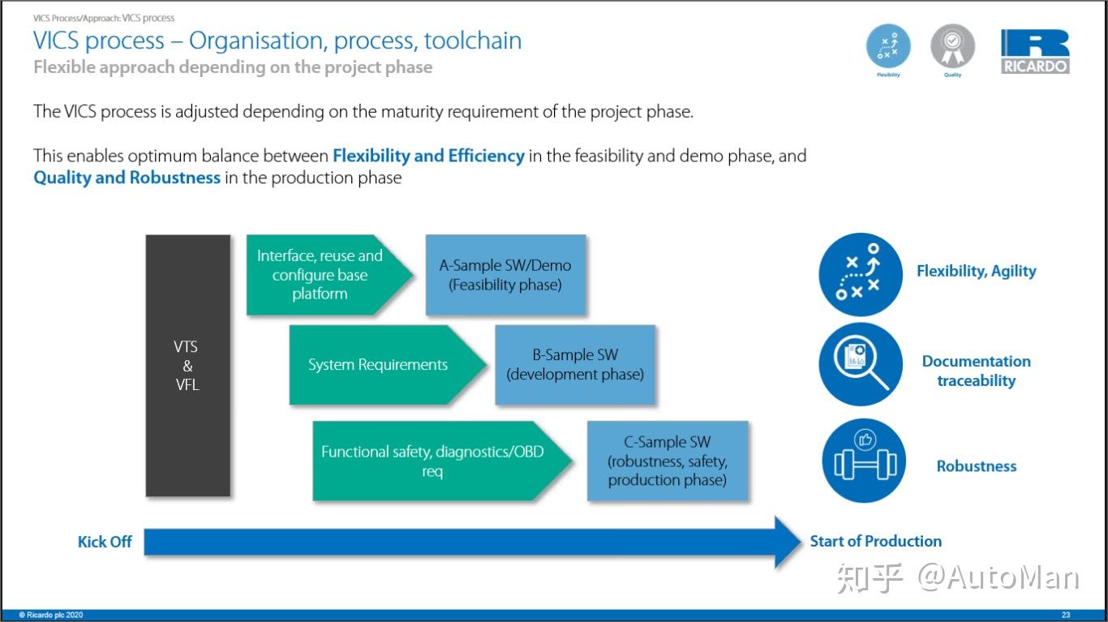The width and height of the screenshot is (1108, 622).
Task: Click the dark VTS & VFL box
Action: (187, 365)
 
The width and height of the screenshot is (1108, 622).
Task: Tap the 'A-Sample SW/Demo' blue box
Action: (505, 275)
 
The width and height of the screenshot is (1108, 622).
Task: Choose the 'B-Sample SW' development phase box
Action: (575, 365)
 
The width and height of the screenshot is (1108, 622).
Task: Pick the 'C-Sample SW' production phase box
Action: (667, 461)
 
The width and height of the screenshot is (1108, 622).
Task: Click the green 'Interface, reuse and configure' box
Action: (321, 275)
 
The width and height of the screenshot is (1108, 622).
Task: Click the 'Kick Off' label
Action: (105, 542)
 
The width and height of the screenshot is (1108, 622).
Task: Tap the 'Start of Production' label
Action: (875, 541)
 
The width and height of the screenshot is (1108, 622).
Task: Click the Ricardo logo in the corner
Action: (1035, 52)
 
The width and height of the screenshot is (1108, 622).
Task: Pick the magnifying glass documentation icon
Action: (861, 365)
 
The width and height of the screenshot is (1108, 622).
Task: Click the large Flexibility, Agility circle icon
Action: (861, 273)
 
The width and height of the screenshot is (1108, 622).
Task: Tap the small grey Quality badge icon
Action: (952, 47)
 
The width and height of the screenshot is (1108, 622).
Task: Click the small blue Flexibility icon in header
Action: (888, 45)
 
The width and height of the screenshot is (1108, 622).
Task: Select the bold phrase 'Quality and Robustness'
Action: (127, 178)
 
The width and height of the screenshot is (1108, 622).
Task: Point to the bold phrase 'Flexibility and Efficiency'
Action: (428, 156)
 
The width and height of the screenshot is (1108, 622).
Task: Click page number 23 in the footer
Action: (1066, 615)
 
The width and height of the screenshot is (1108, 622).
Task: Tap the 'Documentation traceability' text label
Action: (976, 371)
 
